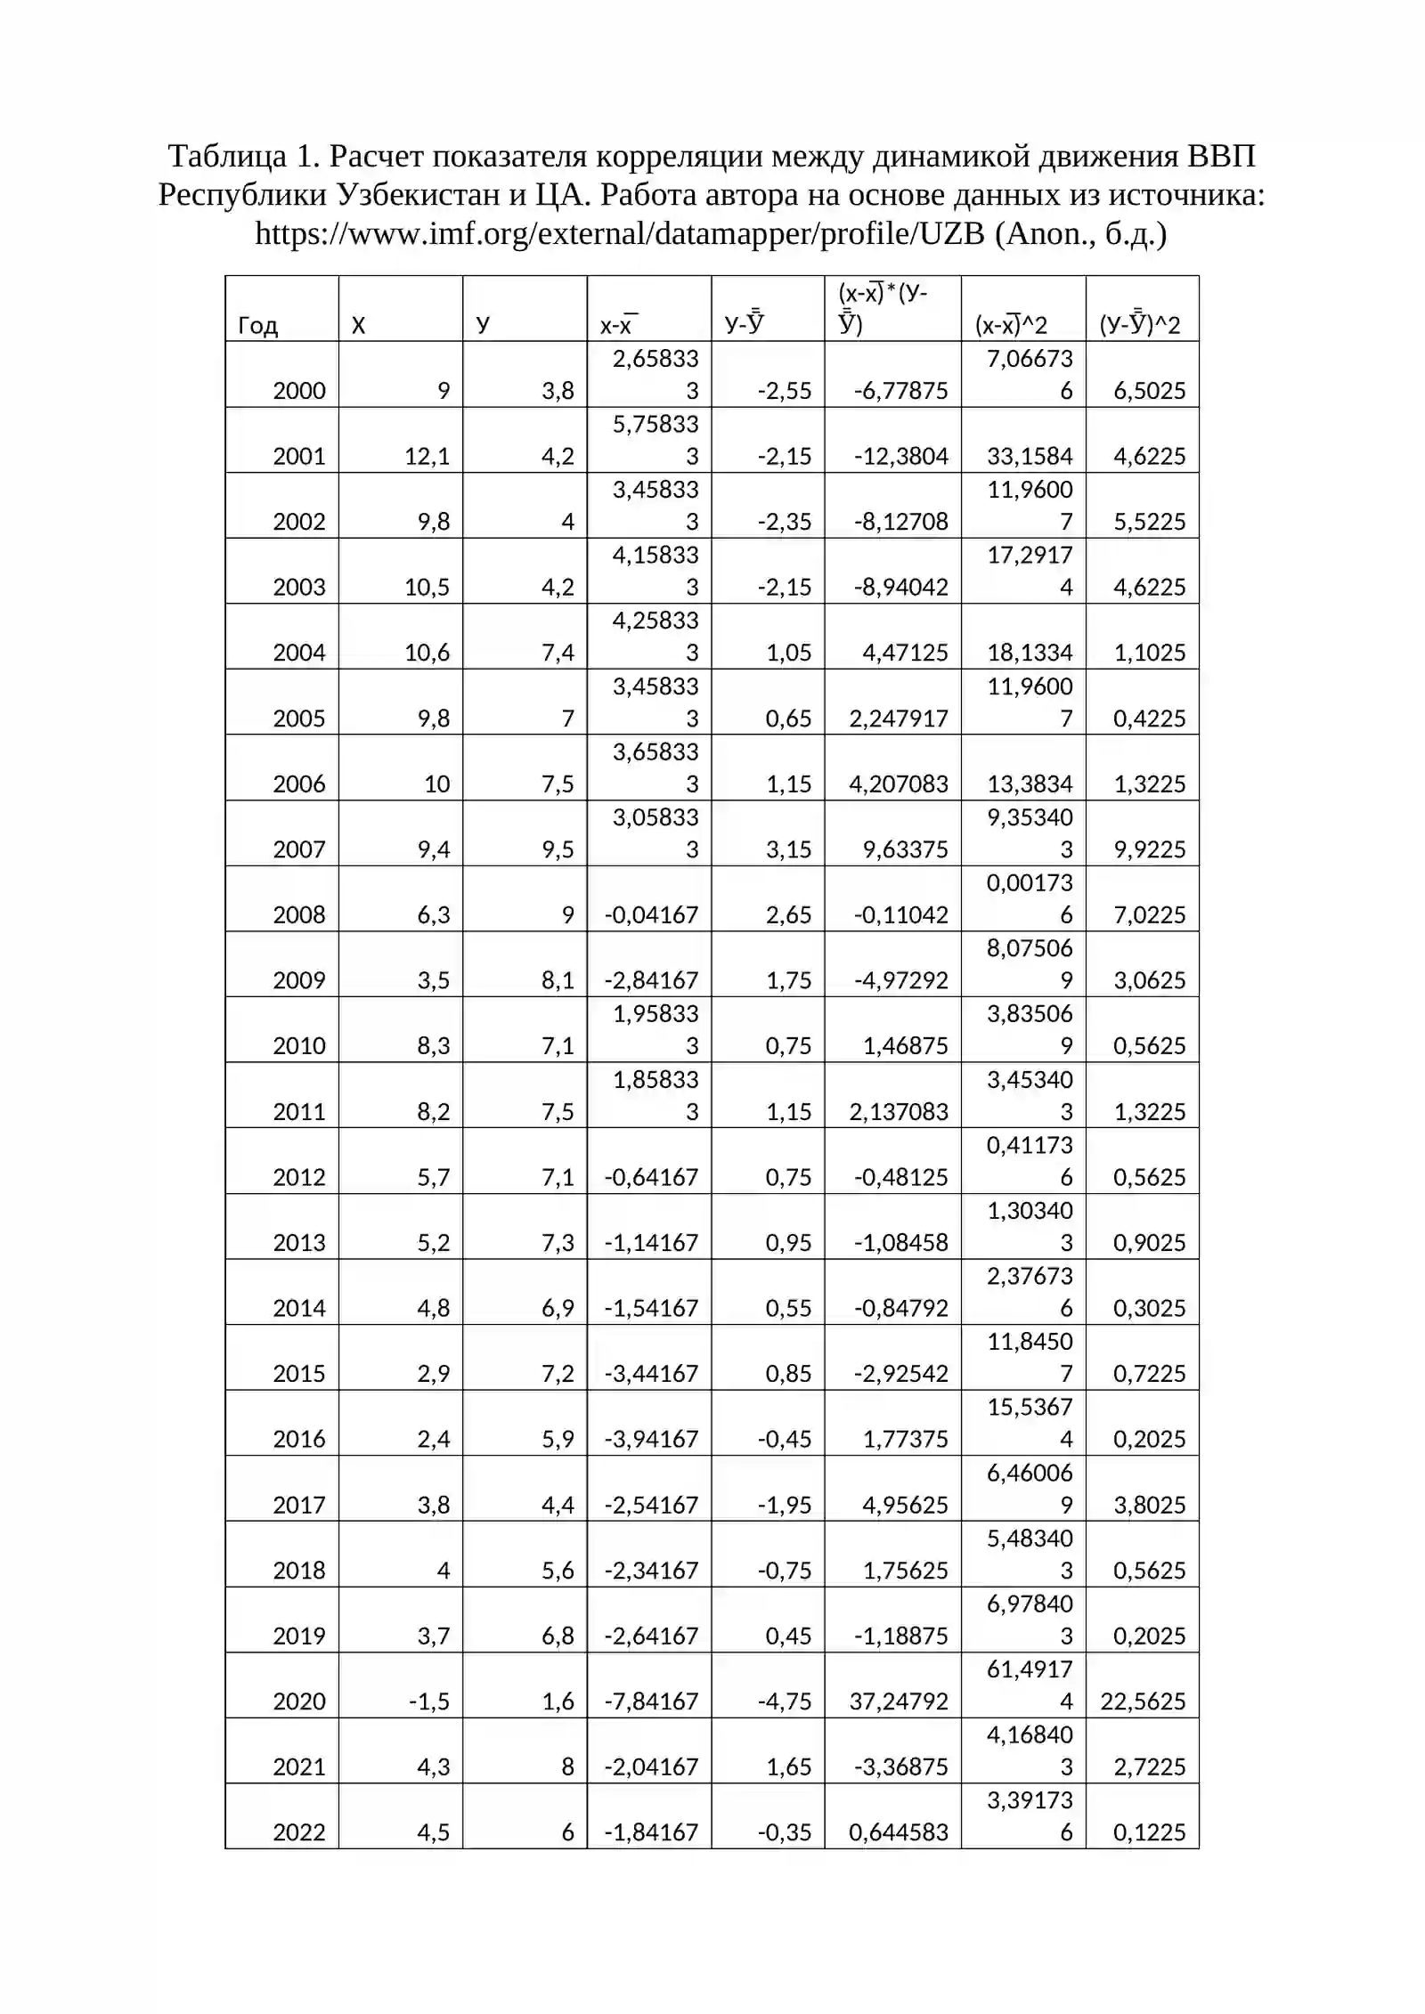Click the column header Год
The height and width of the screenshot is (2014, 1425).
point(257,326)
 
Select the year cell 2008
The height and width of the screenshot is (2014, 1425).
point(299,914)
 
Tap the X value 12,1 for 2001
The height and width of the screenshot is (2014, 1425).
point(427,456)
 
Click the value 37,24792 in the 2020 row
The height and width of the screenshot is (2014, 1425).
point(899,1701)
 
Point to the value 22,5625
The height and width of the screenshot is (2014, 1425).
point(1143,1701)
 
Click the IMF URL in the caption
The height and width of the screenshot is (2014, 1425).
point(620,233)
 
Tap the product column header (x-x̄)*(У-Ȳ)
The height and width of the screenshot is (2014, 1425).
point(884,308)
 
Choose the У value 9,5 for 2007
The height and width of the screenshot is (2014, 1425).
point(558,849)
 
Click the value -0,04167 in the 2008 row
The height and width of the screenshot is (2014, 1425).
point(651,914)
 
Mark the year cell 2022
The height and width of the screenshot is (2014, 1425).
point(299,1831)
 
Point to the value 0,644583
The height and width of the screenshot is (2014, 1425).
point(899,1831)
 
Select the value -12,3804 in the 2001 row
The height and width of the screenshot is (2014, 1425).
point(901,456)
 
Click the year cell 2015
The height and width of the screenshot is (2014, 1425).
point(299,1373)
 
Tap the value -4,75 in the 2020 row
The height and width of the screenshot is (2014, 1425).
point(785,1701)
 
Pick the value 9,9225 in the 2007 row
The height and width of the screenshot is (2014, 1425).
point(1149,849)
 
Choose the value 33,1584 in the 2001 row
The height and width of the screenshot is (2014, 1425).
point(1030,456)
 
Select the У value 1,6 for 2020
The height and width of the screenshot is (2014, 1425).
point(558,1701)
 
